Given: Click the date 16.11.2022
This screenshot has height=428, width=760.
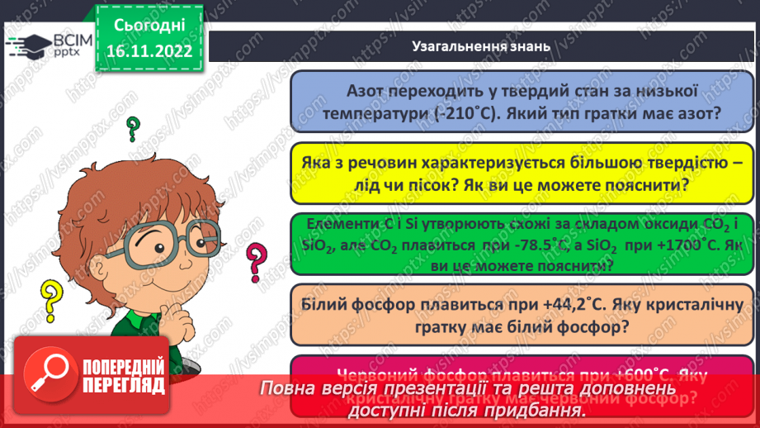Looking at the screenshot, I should click(149, 51).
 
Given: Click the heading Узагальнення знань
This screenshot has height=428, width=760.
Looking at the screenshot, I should click(480, 46).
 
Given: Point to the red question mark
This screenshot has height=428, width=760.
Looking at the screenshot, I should click(257, 264).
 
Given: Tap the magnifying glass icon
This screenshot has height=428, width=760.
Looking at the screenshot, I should click(46, 376).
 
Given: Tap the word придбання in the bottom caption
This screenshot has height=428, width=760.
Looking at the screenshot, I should click(533, 409).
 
